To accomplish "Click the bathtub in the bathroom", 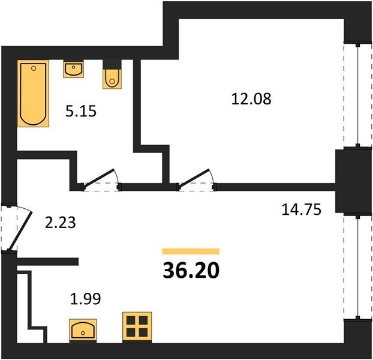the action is pyautogui.click(x=33, y=93).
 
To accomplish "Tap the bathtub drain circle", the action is pyautogui.click(x=34, y=68).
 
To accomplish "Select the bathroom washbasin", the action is pyautogui.click(x=74, y=69).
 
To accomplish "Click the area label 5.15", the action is pyautogui.click(x=81, y=111).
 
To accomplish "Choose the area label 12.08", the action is pyautogui.click(x=251, y=99).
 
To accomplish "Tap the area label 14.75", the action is pyautogui.click(x=301, y=209).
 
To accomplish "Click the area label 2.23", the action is pyautogui.click(x=60, y=223).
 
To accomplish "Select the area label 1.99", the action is pyautogui.click(x=86, y=299).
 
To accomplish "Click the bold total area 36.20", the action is pyautogui.click(x=191, y=271).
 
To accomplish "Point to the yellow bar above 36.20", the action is pyautogui.click(x=191, y=251).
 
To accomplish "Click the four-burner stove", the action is pyautogui.click(x=137, y=328).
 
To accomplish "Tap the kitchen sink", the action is pyautogui.click(x=83, y=331).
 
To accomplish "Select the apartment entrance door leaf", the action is pyautogui.click(x=20, y=230).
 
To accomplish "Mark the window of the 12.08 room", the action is pyautogui.click(x=357, y=95).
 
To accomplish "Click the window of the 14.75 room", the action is pyautogui.click(x=357, y=267).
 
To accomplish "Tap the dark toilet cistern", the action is pyautogui.click(x=112, y=64).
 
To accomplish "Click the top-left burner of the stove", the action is pyautogui.click(x=131, y=320).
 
